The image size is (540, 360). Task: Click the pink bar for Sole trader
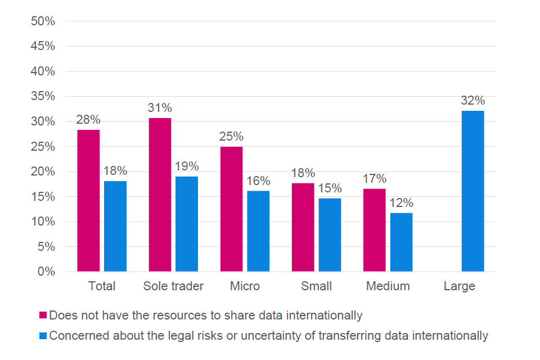[160, 195]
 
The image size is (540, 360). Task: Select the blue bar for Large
[472, 191]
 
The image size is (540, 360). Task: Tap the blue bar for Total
[115, 226]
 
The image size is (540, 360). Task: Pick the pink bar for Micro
[231, 209]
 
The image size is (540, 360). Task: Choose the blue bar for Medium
[401, 242]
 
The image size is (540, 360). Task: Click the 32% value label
[472, 101]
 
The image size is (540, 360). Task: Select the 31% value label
[160, 108]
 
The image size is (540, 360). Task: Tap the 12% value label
[401, 203]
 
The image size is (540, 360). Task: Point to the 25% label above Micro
[231, 137]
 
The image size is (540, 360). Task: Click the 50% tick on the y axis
[43, 21]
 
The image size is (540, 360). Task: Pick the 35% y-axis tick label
[43, 96]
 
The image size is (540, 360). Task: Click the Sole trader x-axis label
[173, 286]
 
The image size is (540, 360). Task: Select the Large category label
[460, 286]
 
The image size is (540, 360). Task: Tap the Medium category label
[388, 286]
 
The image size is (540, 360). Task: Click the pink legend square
[43, 315]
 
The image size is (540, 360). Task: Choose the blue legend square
[43, 336]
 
